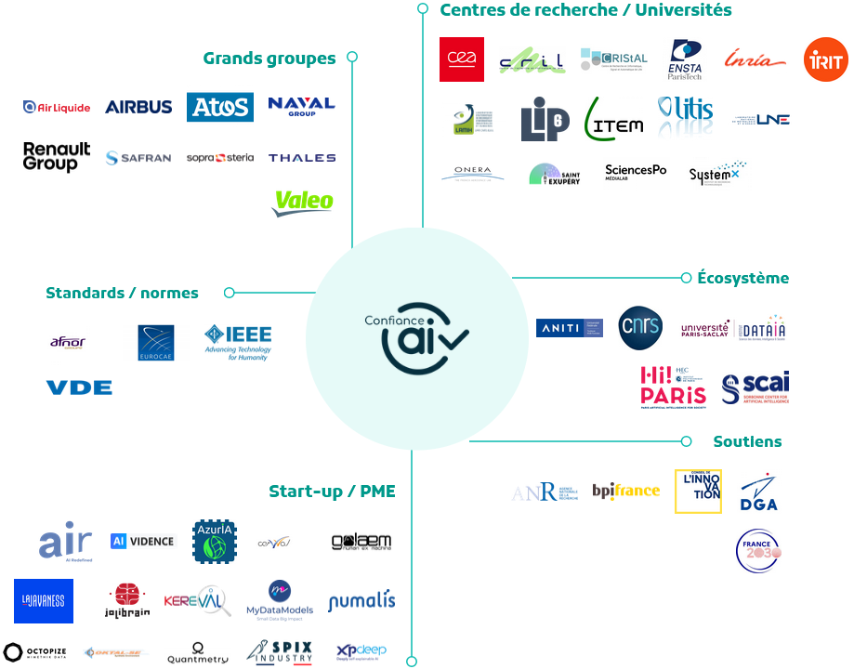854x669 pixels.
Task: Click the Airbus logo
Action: pyautogui.click(x=138, y=107)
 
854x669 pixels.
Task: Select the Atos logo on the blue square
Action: pyautogui.click(x=219, y=107)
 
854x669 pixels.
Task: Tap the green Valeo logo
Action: pyautogui.click(x=303, y=202)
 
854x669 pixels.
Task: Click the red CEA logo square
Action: pyautogui.click(x=462, y=59)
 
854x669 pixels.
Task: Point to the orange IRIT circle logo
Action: pyautogui.click(x=825, y=60)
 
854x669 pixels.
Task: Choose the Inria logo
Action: pyautogui.click(x=749, y=59)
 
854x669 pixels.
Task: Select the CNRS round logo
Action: pyautogui.click(x=640, y=327)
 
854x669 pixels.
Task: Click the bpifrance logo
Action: pyautogui.click(x=625, y=491)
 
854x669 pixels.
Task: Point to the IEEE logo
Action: pyautogui.click(x=238, y=341)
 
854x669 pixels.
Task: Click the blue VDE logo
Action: pyautogui.click(x=79, y=387)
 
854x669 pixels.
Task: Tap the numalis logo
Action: pyautogui.click(x=361, y=601)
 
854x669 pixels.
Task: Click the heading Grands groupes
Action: pyautogui.click(x=269, y=59)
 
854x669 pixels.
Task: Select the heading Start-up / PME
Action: pyautogui.click(x=332, y=492)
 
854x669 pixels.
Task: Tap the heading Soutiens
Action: pyautogui.click(x=747, y=441)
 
